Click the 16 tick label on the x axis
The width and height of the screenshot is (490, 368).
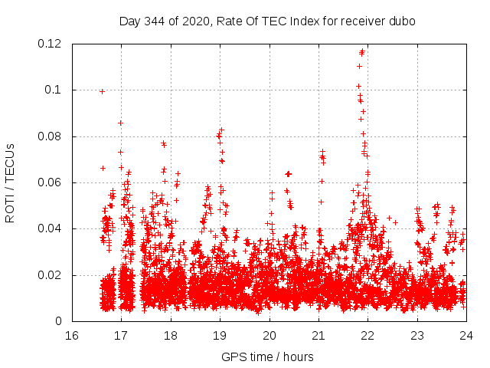(x=71, y=336)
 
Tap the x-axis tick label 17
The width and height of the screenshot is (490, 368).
(x=121, y=336)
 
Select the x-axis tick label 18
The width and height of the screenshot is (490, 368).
(x=170, y=336)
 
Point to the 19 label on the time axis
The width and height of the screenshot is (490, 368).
(x=220, y=336)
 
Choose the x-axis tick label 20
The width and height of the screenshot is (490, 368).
(x=269, y=336)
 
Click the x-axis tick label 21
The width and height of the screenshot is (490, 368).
(x=318, y=336)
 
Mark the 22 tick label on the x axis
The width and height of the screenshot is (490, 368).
(x=367, y=336)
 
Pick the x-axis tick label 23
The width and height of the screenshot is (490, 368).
(x=417, y=336)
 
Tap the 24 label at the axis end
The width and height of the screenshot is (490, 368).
(x=466, y=336)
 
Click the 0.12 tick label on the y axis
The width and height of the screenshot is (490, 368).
(x=51, y=44)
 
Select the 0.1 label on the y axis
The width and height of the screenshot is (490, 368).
(x=55, y=90)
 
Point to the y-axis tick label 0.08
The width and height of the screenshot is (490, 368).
(x=51, y=136)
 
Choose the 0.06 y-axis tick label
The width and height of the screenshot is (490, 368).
(x=51, y=182)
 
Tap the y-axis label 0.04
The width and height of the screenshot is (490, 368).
(x=51, y=228)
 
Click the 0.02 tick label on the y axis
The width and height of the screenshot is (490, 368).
(x=51, y=275)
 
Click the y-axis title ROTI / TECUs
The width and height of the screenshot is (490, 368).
(x=11, y=182)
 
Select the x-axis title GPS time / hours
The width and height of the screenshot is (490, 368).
(x=267, y=356)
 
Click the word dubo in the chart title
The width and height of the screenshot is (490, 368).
(x=402, y=21)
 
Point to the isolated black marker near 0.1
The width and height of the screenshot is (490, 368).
(x=102, y=91)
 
